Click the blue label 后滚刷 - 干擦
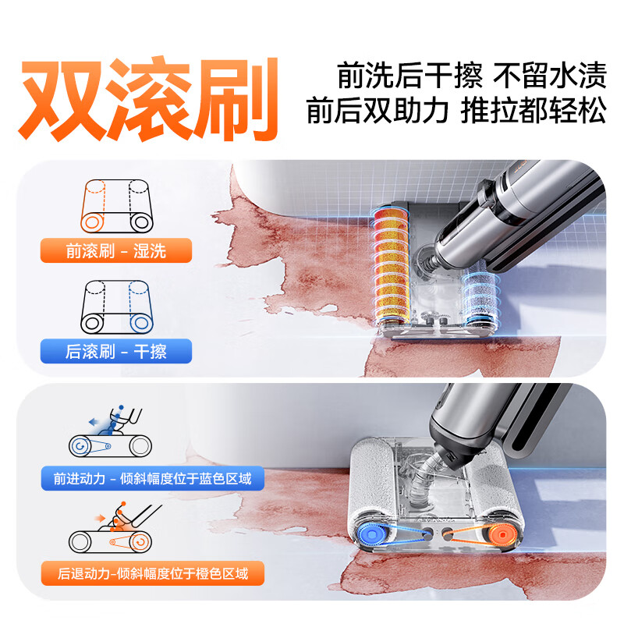point(115,351)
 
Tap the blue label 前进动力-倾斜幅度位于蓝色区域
point(152,478)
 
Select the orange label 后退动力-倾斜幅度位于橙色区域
point(152,574)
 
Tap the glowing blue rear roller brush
point(477,300)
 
